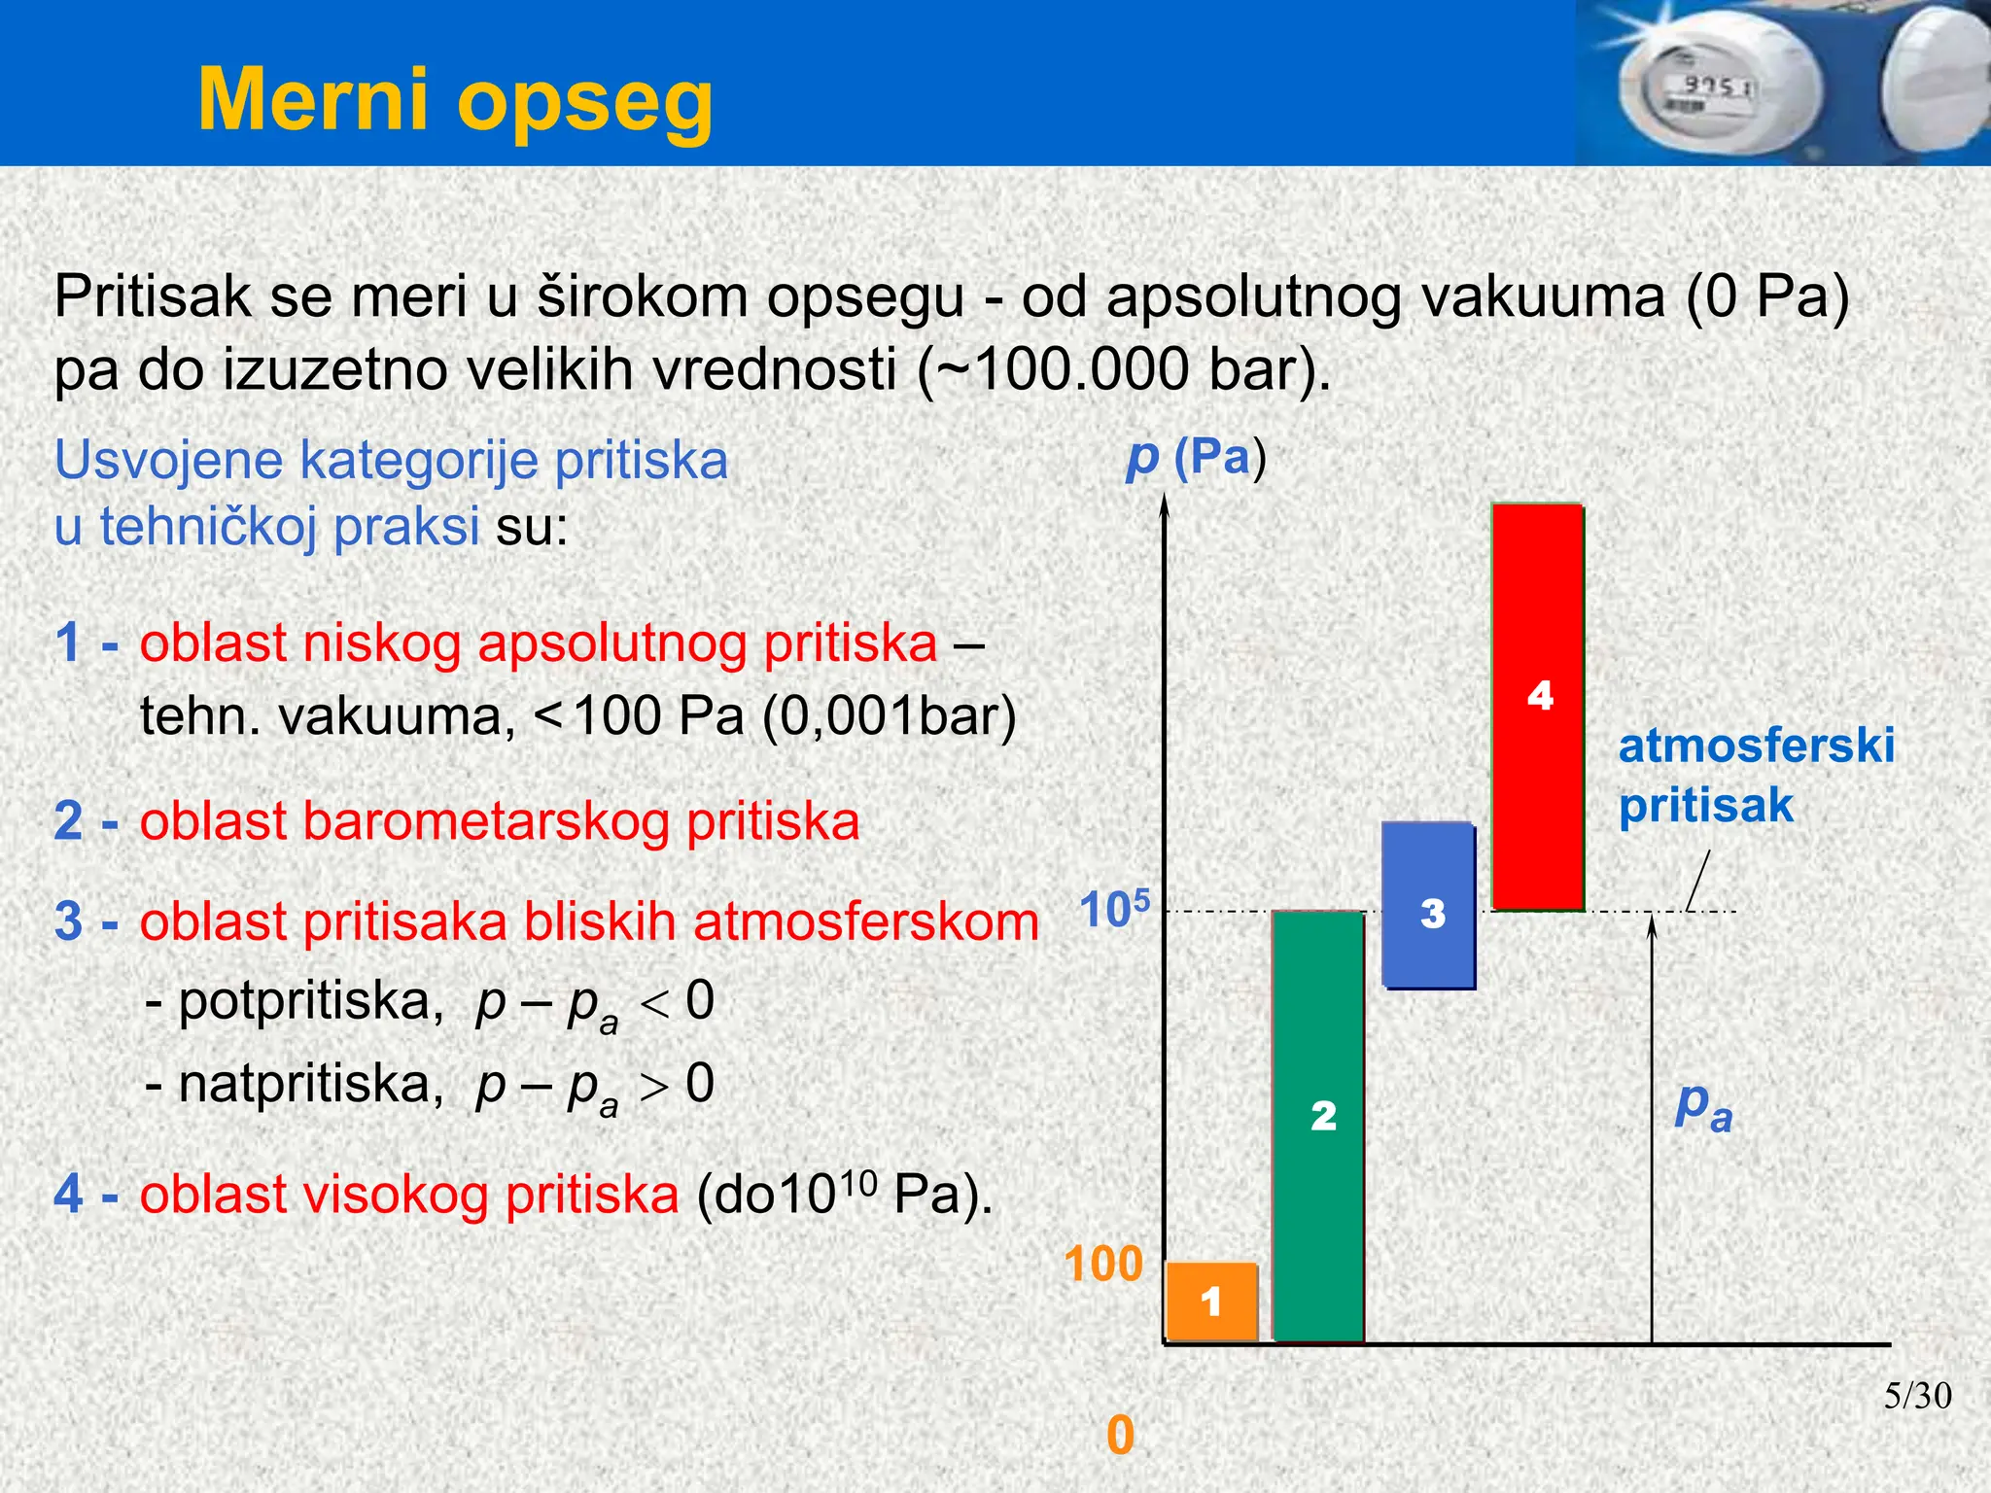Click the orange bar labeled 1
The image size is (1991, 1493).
(x=1211, y=1301)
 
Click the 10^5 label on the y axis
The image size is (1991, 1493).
(x=1114, y=910)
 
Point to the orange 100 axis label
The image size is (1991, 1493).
(x=1102, y=1264)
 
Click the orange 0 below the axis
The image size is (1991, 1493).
(x=1120, y=1435)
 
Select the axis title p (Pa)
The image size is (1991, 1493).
(x=1196, y=457)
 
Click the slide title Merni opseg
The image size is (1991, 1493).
(x=455, y=99)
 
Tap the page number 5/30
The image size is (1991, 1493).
(x=1917, y=1396)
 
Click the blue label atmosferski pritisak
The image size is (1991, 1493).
(x=1755, y=775)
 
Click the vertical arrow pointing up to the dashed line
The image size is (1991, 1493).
(x=1652, y=1118)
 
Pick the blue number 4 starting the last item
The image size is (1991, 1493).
(x=68, y=1194)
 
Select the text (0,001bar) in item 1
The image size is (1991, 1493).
(x=889, y=717)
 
